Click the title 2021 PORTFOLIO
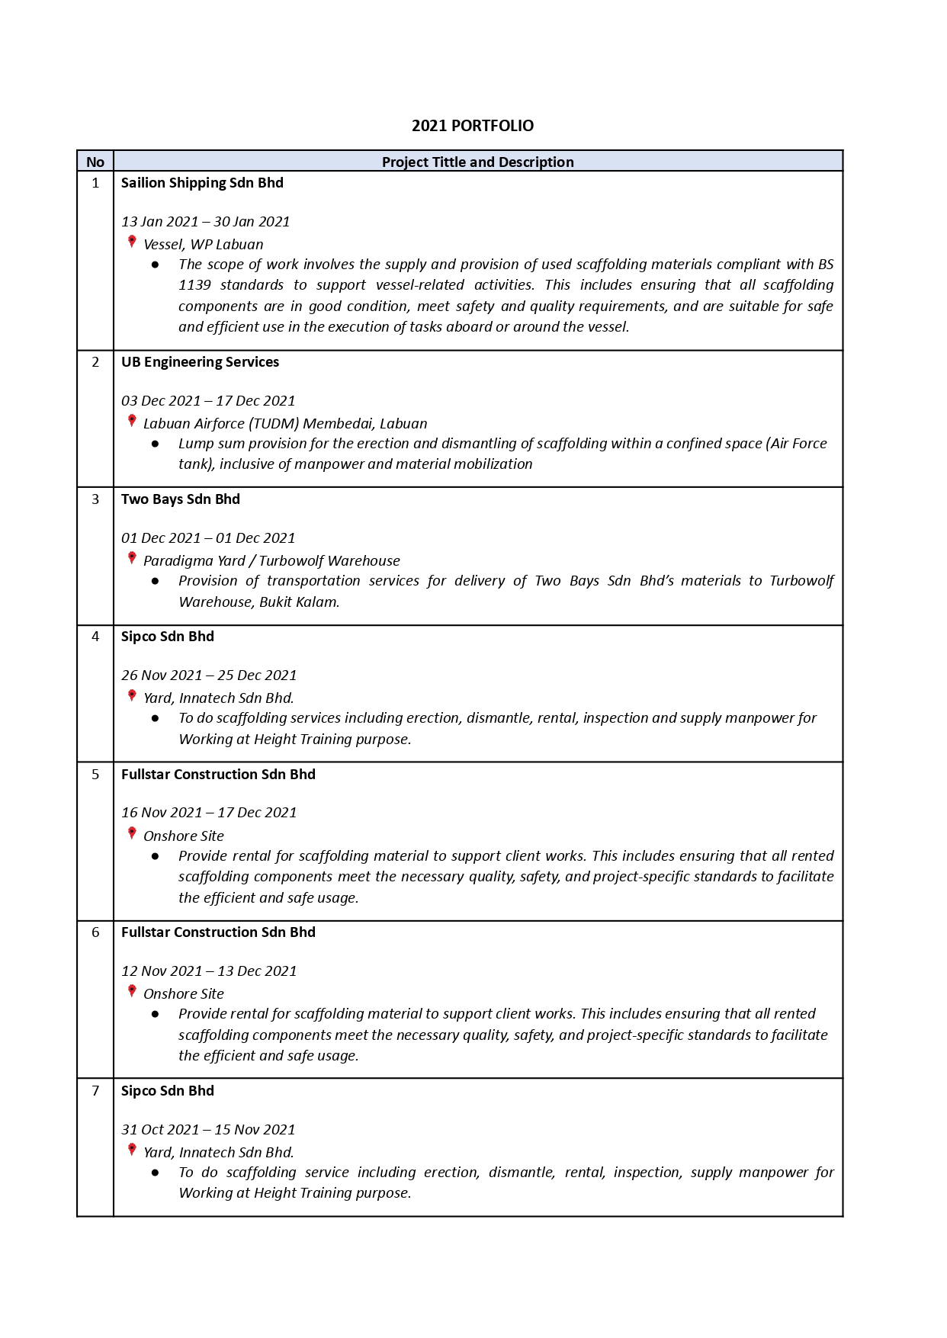pos(473,126)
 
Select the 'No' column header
pos(95,162)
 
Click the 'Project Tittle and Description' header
pos(477,162)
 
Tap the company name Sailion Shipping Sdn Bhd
pos(202,183)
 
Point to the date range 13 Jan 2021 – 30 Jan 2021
pos(206,222)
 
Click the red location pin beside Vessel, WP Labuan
pos(132,242)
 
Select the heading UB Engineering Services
pos(200,362)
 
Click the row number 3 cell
pos(95,499)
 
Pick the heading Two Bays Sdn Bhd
pos(181,499)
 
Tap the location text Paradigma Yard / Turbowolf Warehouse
pos(271,561)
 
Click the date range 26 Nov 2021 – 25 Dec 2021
pos(209,675)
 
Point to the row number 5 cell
pos(95,775)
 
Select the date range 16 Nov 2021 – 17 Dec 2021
pos(209,813)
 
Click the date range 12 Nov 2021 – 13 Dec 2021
pos(209,971)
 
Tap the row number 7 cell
pos(95,1091)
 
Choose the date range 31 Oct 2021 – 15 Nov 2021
pos(208,1130)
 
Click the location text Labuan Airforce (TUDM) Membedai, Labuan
pos(285,424)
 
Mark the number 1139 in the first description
pos(194,285)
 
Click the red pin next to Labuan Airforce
pos(132,421)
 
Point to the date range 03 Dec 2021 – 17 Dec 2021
pos(208,401)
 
